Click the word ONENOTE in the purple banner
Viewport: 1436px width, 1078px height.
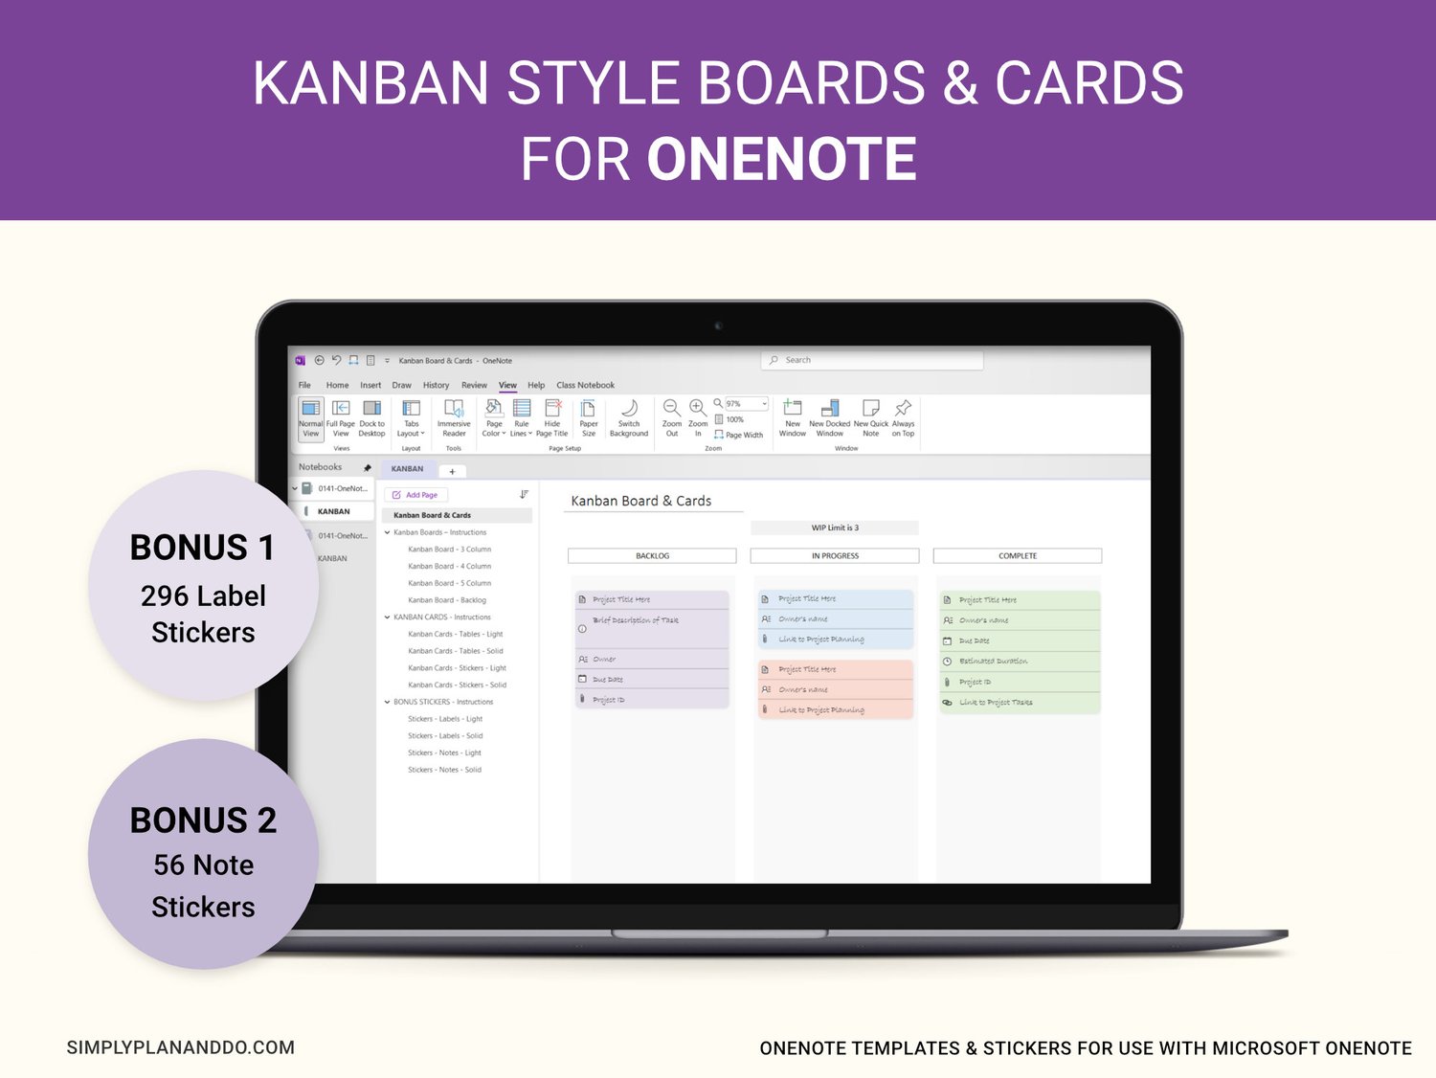click(x=781, y=159)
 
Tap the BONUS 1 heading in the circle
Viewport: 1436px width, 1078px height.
click(x=203, y=548)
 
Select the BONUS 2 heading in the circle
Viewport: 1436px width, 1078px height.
click(x=203, y=820)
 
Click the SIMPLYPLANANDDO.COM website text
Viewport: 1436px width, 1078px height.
click(x=181, y=1047)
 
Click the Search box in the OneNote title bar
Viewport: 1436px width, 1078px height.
click(x=872, y=360)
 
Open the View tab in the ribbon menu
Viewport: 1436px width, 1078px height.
click(x=507, y=385)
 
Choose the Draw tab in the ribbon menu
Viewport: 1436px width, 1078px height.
click(x=401, y=385)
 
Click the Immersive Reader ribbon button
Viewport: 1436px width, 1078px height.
click(x=454, y=417)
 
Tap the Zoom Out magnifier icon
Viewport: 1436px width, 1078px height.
click(x=672, y=409)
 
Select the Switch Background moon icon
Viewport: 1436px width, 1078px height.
click(x=629, y=409)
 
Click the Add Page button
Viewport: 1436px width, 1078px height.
click(x=415, y=495)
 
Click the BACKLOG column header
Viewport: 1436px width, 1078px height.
click(x=652, y=555)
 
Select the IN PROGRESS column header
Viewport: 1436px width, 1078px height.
click(x=835, y=555)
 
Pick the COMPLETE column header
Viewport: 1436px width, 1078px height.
click(x=1017, y=555)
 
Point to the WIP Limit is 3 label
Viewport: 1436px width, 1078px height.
click(x=835, y=528)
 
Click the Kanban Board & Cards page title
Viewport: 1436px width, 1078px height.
click(x=640, y=501)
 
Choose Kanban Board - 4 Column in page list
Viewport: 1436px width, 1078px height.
click(x=449, y=566)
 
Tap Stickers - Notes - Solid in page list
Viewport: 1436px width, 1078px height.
click(x=444, y=770)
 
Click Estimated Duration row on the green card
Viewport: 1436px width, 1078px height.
click(x=993, y=662)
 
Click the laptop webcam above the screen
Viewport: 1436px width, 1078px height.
click(x=718, y=326)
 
